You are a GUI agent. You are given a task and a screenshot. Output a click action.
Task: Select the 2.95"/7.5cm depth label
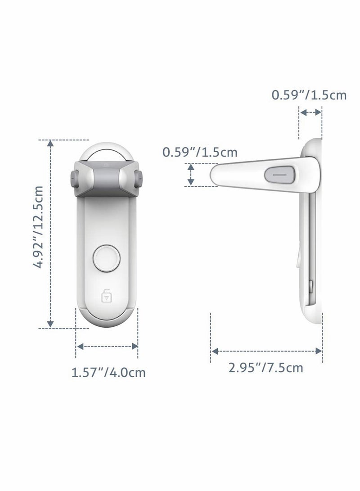pyautogui.click(x=265, y=368)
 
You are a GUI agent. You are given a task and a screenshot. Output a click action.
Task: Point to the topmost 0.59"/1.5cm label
pyautogui.click(x=309, y=95)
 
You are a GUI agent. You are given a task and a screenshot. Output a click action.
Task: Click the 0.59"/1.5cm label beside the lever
pyautogui.click(x=200, y=152)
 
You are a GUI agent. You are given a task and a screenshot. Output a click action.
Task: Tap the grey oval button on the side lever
pyautogui.click(x=277, y=173)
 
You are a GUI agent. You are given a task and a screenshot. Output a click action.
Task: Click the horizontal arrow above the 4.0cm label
pyautogui.click(x=107, y=346)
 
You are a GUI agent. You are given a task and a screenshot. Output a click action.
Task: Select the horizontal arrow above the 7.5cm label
pyautogui.click(x=266, y=351)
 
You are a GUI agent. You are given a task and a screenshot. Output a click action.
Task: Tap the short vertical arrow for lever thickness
pyautogui.click(x=191, y=175)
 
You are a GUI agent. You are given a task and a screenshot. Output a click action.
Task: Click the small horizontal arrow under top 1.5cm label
pyautogui.click(x=311, y=112)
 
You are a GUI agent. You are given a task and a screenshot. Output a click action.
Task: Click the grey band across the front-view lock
pyautogui.click(x=107, y=180)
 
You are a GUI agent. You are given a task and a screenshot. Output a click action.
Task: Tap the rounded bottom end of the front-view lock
pyautogui.click(x=107, y=321)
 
